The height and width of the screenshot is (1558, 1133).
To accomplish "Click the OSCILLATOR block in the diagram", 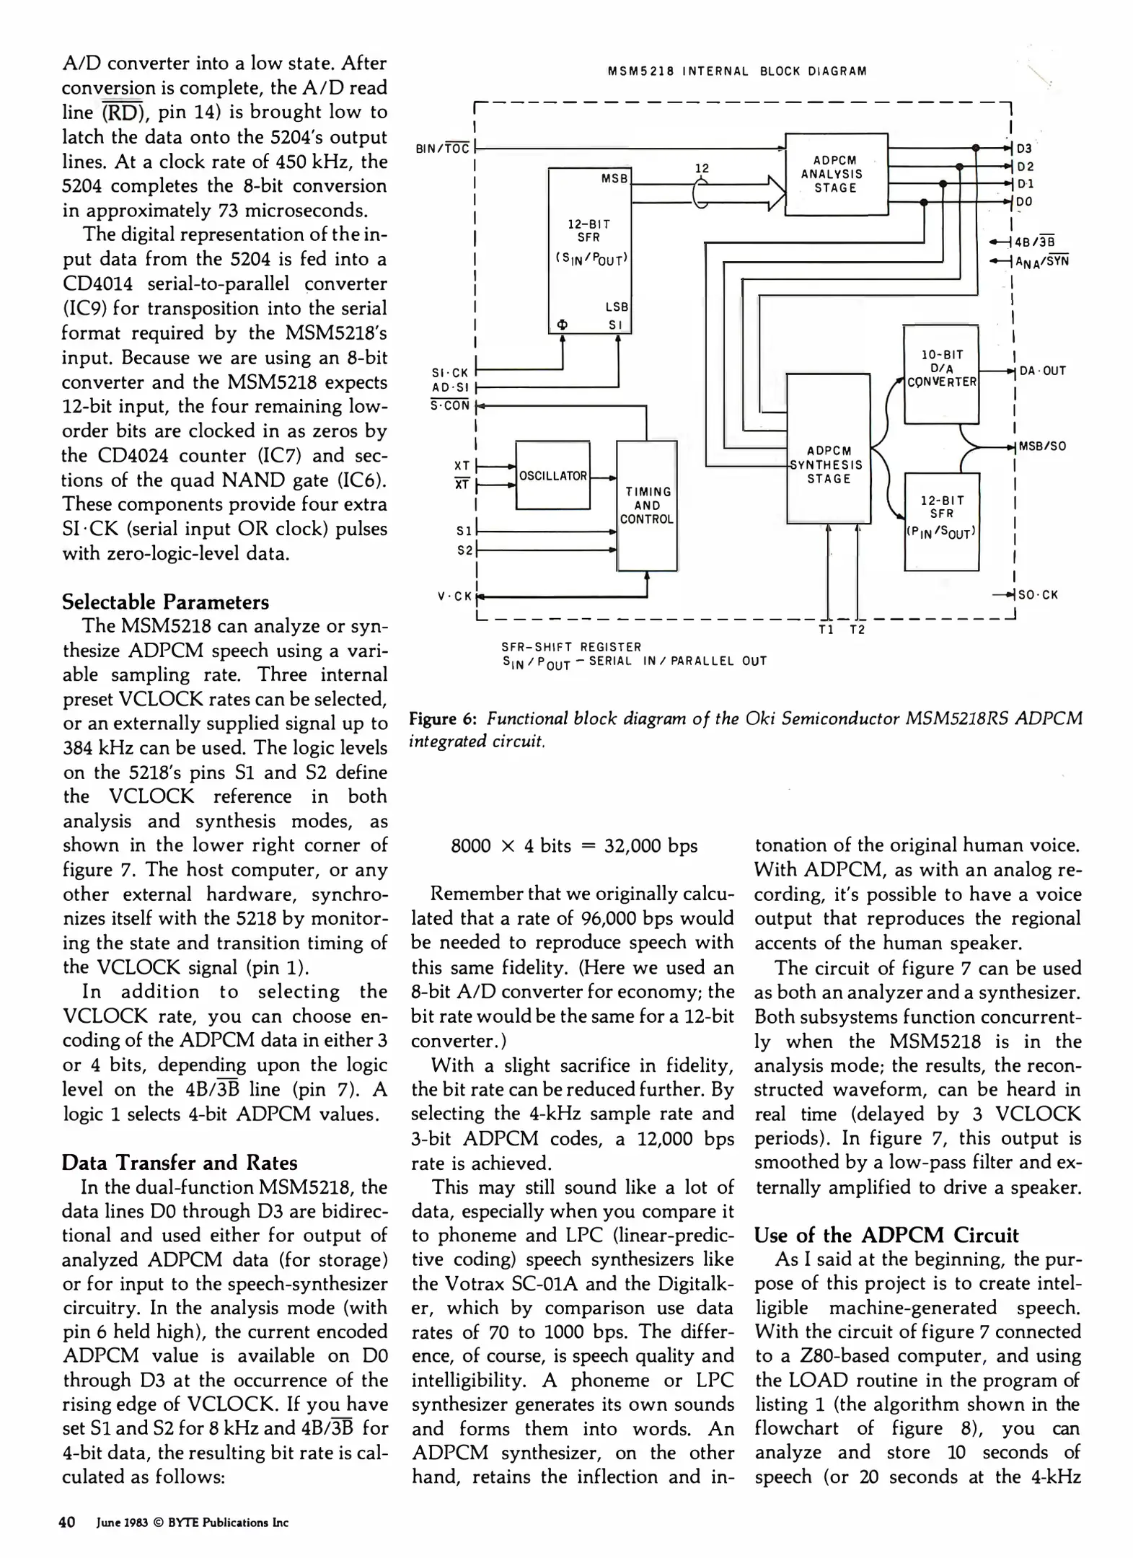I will tap(552, 476).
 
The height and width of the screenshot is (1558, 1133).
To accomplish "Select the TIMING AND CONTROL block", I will tap(647, 505).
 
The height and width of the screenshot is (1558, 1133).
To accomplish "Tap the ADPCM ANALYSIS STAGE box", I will tap(836, 174).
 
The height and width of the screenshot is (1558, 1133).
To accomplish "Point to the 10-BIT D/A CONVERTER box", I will tap(941, 369).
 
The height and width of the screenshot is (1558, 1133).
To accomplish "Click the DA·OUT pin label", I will tap(1042, 371).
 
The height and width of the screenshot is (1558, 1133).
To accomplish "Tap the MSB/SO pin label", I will tap(1042, 446).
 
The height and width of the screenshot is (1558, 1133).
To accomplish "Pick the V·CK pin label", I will tap(454, 596).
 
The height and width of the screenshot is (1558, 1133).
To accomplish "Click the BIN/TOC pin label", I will tap(443, 149).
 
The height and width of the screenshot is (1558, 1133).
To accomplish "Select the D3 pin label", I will tap(1024, 149).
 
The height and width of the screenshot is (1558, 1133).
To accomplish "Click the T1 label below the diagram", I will tap(826, 630).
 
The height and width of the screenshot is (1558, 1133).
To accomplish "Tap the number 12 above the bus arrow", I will tap(701, 168).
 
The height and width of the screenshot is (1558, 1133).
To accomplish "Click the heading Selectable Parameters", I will tap(165, 602).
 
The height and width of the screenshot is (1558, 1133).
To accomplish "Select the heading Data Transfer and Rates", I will tap(179, 1162).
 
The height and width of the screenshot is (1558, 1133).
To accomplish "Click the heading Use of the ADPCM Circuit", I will tap(886, 1235).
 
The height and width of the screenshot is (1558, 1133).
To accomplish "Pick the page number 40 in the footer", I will tap(67, 1522).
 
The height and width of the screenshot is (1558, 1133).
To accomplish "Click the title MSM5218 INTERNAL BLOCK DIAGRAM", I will tap(737, 71).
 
